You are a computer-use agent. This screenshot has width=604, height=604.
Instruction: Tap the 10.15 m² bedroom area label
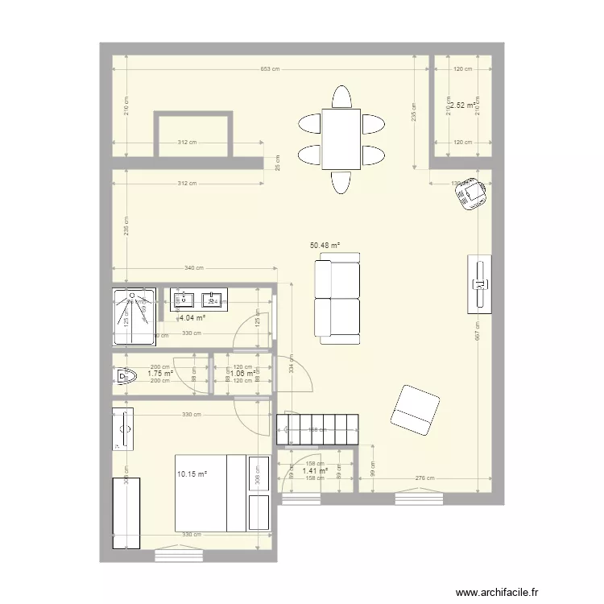pos(192,474)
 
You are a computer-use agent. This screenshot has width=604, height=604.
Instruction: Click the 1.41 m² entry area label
pos(315,470)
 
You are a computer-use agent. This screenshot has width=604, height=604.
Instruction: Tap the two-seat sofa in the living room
pos(337,298)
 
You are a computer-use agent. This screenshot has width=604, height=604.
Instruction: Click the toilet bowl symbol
pos(125,375)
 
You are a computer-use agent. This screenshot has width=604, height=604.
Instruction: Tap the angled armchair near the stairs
pos(415,409)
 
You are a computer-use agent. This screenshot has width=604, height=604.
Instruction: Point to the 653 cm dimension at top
pos(269,68)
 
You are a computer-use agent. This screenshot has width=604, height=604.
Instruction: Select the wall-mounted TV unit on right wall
pos(478,285)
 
